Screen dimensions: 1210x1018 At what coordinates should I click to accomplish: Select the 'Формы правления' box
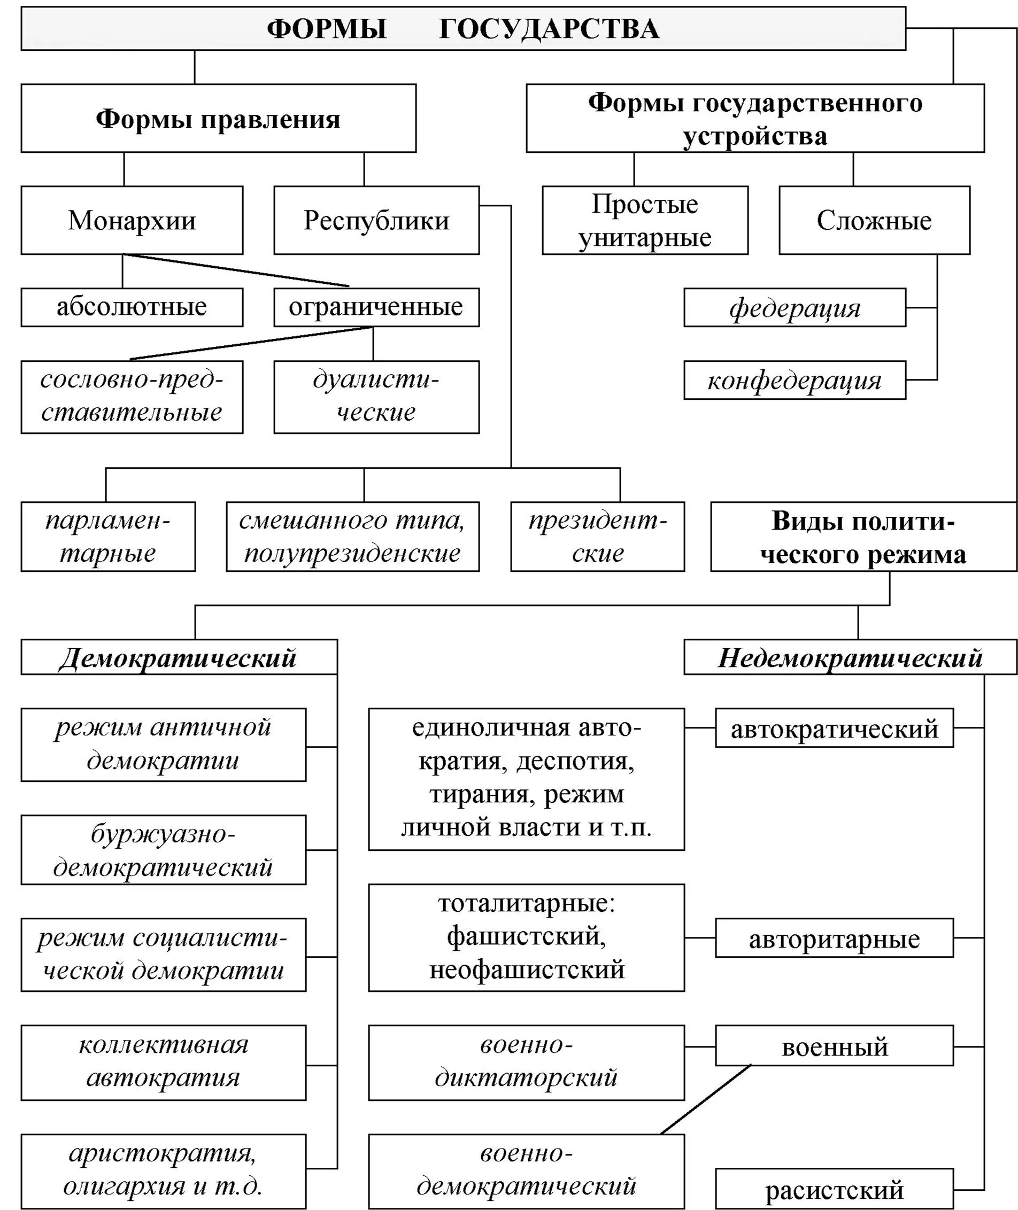coord(218,118)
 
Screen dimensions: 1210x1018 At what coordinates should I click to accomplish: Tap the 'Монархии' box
coord(132,220)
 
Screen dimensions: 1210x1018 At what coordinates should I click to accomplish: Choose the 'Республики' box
coord(376,220)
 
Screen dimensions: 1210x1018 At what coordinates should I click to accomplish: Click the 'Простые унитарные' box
coord(645,220)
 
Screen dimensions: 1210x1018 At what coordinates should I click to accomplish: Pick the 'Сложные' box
coord(874,220)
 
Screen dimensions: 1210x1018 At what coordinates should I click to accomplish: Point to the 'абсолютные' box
coord(132,307)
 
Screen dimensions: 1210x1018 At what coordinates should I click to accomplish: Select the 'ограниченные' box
coord(376,307)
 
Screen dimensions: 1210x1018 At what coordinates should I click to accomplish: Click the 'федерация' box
coord(795,307)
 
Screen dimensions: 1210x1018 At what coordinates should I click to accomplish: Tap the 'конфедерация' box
coord(795,381)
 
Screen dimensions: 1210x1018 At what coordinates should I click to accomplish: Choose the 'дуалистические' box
coord(376,397)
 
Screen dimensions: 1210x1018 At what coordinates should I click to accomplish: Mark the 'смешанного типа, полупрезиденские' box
coord(352,537)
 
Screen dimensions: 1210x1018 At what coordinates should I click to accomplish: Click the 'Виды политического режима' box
coord(863,537)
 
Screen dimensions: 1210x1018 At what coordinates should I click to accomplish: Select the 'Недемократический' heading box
coord(850,657)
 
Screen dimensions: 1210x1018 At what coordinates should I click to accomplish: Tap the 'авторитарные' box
coord(834,939)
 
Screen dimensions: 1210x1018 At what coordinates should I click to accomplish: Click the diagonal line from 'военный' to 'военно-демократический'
coord(706,1099)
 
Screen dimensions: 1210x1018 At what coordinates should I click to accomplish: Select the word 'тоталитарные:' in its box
coord(526,904)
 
